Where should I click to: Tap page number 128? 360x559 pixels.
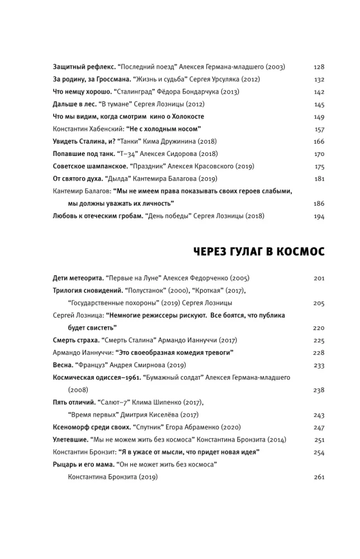pos(319,67)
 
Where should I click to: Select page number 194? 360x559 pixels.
pos(319,216)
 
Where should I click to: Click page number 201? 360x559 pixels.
pos(319,278)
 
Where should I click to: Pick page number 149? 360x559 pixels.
pos(319,117)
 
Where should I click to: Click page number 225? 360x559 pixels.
pos(319,340)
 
